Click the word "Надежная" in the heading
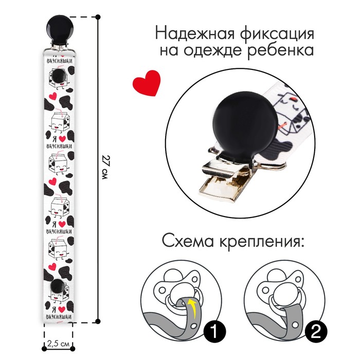click(195, 34)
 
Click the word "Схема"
click(188, 241)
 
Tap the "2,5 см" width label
click(58, 344)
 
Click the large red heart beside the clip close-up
click(147, 82)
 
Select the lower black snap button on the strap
click(58, 286)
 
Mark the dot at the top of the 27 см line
click(98, 17)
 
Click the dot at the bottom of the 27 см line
click(98, 321)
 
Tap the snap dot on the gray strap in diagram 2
click(296, 324)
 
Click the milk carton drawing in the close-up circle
click(292, 119)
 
